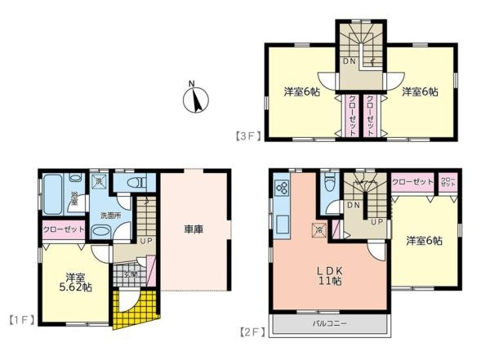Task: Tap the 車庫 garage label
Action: tap(194, 229)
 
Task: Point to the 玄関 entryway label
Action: tap(131, 274)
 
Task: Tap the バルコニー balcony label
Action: tap(331, 324)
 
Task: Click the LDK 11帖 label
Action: tap(329, 276)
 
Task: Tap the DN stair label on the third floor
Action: tap(349, 62)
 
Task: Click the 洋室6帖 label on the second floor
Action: tap(425, 241)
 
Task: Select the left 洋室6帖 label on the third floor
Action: tap(301, 92)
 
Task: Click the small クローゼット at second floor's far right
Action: tap(448, 182)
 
